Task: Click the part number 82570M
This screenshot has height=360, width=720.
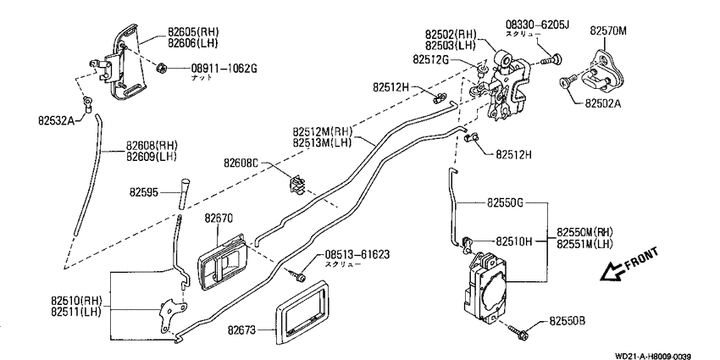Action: point(608,30)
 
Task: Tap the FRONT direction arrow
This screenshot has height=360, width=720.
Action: point(613,273)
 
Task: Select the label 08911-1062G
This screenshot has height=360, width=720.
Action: point(224,69)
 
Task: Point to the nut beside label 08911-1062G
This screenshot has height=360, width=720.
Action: point(161,69)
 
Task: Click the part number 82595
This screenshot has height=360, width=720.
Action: point(143,192)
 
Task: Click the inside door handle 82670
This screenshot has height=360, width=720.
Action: point(222,263)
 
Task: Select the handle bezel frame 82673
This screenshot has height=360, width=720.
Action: point(302,313)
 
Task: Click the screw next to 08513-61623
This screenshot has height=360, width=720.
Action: point(297,276)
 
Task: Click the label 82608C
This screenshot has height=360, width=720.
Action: point(241,163)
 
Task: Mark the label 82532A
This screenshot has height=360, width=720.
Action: point(55,121)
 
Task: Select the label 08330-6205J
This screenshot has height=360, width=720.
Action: point(537,25)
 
